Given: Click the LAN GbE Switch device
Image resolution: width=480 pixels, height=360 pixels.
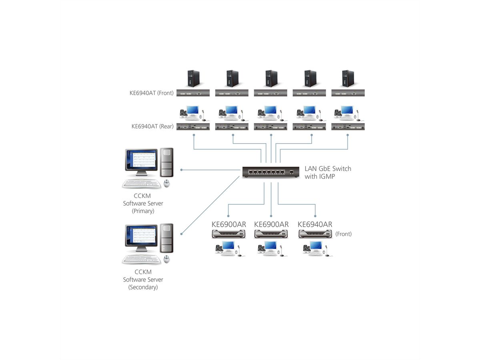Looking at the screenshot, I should (x=270, y=172).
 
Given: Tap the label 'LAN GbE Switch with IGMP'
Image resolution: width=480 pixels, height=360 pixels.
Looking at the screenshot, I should (x=328, y=172).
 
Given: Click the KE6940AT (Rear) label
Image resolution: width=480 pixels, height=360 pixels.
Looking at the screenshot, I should (x=152, y=126).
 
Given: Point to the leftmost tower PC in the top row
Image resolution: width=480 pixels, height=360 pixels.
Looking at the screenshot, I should (x=194, y=78).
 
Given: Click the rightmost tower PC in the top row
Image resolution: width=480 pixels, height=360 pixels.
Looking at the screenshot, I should (x=348, y=78).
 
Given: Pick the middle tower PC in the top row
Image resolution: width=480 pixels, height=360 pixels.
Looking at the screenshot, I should (x=271, y=78).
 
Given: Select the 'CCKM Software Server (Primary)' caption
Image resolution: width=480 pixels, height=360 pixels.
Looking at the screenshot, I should (x=143, y=203).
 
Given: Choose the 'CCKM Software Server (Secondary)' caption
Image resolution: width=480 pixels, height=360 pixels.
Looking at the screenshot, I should (x=143, y=280).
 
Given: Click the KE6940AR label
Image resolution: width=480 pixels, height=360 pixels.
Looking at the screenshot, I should (x=315, y=224).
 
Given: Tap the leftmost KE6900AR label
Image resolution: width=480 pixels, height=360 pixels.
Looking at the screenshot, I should (x=229, y=224).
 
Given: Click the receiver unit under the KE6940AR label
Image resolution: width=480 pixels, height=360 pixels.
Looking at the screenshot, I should (x=315, y=234).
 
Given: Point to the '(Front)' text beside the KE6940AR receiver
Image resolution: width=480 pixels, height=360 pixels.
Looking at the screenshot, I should (x=343, y=234).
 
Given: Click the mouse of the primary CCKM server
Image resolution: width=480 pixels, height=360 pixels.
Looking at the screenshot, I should (x=167, y=183).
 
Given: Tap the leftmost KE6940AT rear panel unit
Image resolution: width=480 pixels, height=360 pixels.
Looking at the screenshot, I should (x=194, y=126).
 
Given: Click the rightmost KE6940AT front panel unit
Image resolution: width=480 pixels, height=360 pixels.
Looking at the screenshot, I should (x=348, y=93).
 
